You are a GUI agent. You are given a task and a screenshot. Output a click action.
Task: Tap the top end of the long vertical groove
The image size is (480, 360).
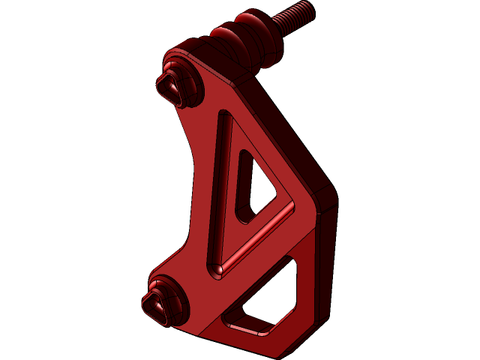pyautogui.click(x=226, y=116)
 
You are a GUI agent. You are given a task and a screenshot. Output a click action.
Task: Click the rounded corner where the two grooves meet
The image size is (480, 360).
pyautogui.click(x=217, y=268)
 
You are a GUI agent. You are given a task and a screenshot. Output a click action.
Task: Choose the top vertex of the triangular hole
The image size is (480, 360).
pyautogui.click(x=244, y=154)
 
